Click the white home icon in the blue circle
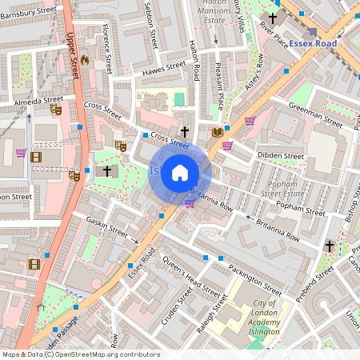pos(180,173)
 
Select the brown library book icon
pos(216,131)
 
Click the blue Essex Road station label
pos(314,43)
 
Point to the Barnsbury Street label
pos(29,15)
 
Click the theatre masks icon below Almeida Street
pos(56,109)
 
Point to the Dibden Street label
pos(281,155)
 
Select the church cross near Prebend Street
pos(330,247)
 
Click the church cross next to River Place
pos(274,18)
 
